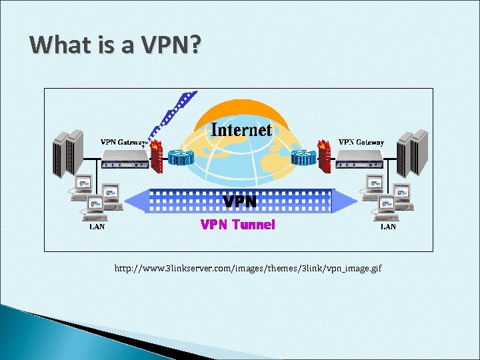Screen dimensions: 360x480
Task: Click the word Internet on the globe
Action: click(x=241, y=129)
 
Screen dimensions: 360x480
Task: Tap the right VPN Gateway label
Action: click(x=361, y=141)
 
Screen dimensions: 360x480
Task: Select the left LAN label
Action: click(x=97, y=227)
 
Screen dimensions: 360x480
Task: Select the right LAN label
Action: click(x=388, y=227)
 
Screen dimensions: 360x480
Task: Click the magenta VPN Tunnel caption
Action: click(x=238, y=225)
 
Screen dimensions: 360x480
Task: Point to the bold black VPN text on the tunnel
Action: click(x=239, y=201)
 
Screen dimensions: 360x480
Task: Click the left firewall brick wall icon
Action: click(x=157, y=155)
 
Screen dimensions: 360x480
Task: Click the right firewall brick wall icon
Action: click(x=325, y=155)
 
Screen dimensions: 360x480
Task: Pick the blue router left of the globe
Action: click(x=181, y=158)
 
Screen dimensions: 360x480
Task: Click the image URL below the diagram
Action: click(x=248, y=268)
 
